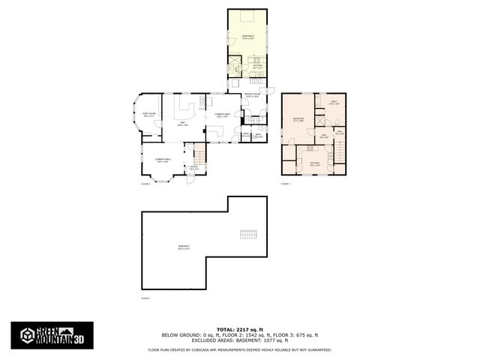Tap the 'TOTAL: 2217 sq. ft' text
point(239,329)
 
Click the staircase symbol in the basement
point(249,234)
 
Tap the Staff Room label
point(149,115)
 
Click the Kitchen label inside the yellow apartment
point(256,65)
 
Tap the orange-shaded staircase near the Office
point(199,157)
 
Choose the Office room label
point(193,169)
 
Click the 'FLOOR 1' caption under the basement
point(146,298)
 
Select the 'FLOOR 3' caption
point(286,183)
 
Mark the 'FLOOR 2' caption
point(146,183)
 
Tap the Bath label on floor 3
point(334,103)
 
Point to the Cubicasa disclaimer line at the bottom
point(239,349)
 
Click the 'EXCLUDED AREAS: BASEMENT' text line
point(239,340)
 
